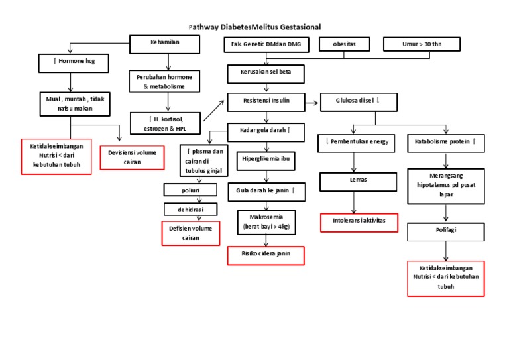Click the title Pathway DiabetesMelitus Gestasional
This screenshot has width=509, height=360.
click(254, 27)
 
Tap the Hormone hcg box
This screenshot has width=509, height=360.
click(70, 62)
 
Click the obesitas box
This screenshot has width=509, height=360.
click(345, 44)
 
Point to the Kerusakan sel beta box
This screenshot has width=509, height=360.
click(267, 71)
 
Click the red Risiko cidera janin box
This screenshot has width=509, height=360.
click(266, 255)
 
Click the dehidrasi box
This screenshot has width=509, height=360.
click(192, 210)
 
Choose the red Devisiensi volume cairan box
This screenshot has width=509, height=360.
click(132, 158)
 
